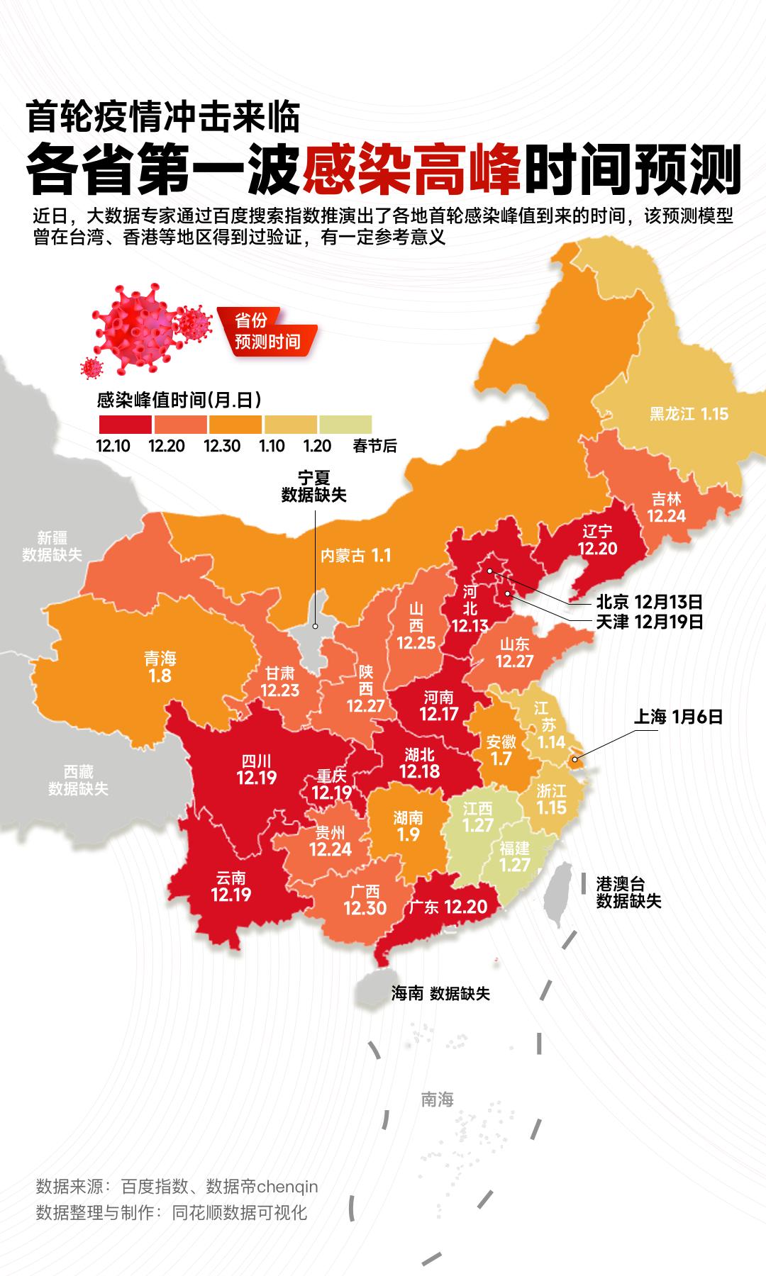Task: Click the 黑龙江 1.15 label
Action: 689,414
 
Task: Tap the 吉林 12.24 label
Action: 666,508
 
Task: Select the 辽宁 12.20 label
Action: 597,540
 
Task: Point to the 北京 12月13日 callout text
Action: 648,603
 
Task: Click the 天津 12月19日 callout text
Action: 648,622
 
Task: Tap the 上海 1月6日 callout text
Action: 677,717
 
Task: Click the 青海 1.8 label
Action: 160,667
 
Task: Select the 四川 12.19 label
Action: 256,769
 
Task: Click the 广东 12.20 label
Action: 447,907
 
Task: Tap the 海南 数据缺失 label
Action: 440,994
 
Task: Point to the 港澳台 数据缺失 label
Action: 628,892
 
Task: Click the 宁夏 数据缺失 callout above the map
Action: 313,486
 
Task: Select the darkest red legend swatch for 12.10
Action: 125,425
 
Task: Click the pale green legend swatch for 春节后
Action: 345,425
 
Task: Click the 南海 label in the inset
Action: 437,1099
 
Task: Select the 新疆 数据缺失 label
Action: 52,546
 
